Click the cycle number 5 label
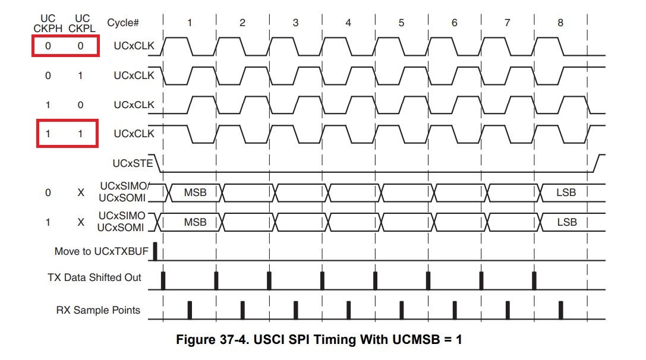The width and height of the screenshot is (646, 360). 401,23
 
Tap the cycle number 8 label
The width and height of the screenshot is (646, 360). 560,23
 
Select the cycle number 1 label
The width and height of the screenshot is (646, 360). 190,23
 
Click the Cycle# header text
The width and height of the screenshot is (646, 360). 123,23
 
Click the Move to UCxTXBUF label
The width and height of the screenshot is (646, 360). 101,251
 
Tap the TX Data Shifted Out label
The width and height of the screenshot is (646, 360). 94,277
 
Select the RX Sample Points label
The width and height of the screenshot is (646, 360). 98,310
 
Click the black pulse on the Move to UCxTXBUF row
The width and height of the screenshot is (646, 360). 155,251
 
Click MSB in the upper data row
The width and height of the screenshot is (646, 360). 195,192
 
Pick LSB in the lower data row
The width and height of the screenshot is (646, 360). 566,222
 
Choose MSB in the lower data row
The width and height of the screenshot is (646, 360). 195,222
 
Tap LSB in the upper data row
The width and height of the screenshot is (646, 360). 566,192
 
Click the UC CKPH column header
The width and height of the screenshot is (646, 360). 48,23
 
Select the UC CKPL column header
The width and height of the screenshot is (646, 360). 81,23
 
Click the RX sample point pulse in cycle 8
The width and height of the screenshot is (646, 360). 560,310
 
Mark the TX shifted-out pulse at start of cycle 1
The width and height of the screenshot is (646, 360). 163,280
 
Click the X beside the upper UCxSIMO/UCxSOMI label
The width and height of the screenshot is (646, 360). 81,192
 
